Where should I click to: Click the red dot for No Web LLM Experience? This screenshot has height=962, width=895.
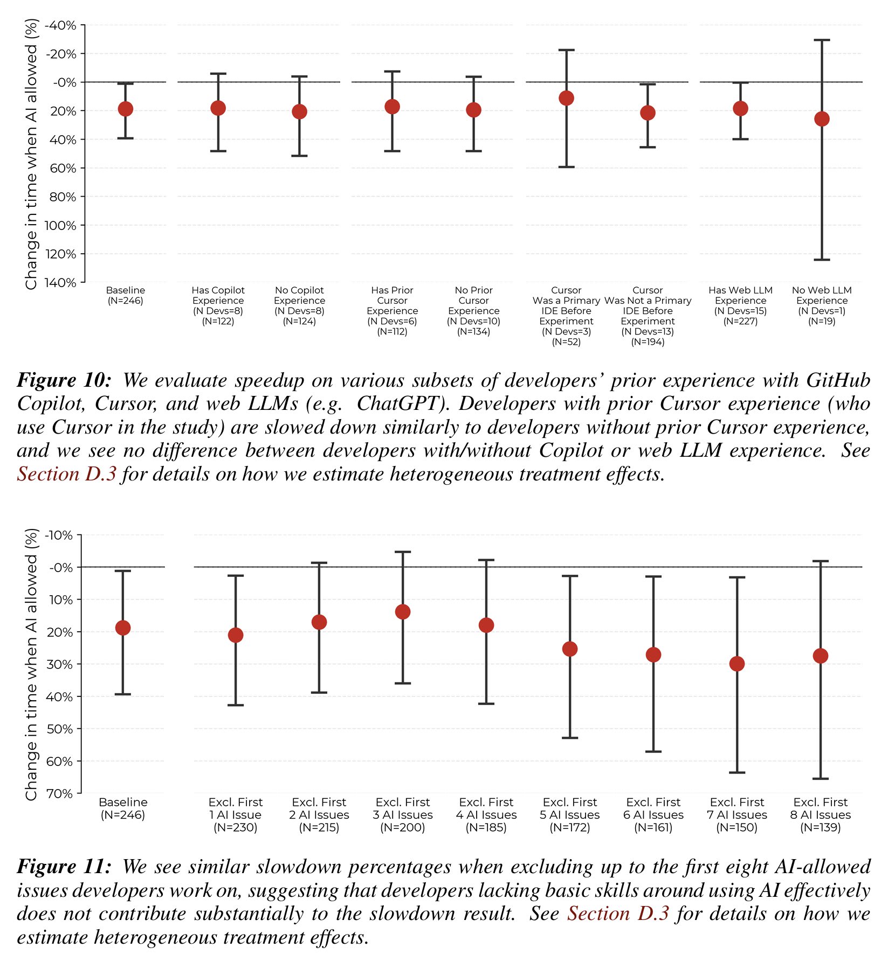pyautogui.click(x=822, y=118)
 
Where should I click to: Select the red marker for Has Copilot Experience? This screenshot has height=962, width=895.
pyautogui.click(x=218, y=108)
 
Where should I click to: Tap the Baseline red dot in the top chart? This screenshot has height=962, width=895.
pyautogui.click(x=125, y=109)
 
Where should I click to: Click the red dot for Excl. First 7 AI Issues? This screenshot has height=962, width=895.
pyautogui.click(x=737, y=664)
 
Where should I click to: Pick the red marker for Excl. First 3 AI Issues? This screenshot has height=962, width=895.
pyautogui.click(x=403, y=611)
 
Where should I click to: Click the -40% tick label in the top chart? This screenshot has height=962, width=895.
pyautogui.click(x=60, y=25)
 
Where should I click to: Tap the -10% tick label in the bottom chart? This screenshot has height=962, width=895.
pyautogui.click(x=58, y=535)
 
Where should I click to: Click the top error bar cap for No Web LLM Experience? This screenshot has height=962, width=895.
pyautogui.click(x=822, y=40)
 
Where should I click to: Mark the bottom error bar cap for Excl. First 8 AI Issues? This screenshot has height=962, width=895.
pyautogui.click(x=821, y=779)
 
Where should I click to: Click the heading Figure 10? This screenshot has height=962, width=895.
pyautogui.click(x=64, y=380)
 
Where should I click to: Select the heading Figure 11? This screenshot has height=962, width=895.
pyautogui.click(x=64, y=867)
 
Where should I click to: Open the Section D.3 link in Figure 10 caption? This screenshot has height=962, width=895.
pyautogui.click(x=66, y=474)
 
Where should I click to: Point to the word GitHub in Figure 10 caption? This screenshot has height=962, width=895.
pyautogui.click(x=838, y=380)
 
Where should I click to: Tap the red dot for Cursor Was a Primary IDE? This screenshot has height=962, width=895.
pyautogui.click(x=566, y=98)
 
